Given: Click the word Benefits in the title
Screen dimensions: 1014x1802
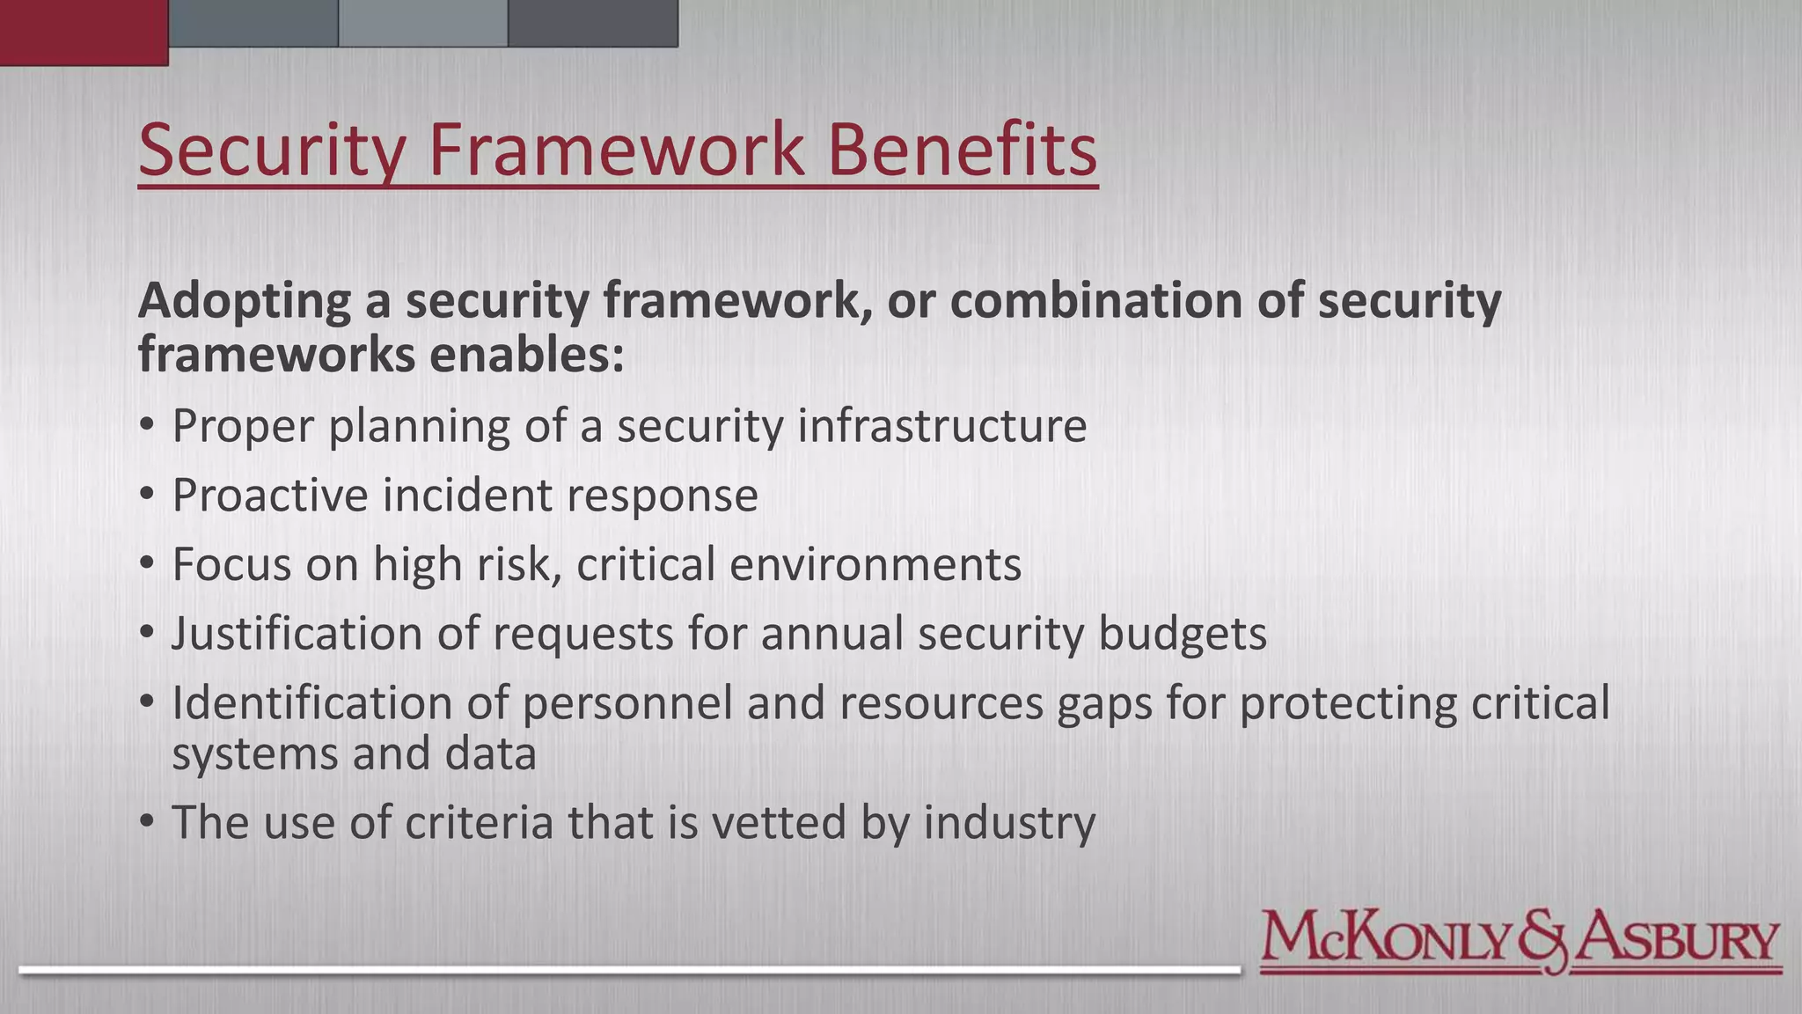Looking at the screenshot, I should pyautogui.click(x=962, y=150).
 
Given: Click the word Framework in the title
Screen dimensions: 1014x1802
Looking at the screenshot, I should pyautogui.click(x=616, y=150).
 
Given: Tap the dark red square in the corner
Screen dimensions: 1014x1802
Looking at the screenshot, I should pyautogui.click(x=84, y=32).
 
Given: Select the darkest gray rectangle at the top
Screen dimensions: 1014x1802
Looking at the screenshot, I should pyautogui.click(x=592, y=23).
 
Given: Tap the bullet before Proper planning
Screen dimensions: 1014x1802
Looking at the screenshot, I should pyautogui.click(x=147, y=426).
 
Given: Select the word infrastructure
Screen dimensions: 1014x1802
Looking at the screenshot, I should pyautogui.click(x=941, y=426).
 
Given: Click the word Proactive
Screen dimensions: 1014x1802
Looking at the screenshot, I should pyautogui.click(x=269, y=495).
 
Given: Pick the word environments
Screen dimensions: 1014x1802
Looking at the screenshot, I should pyautogui.click(x=875, y=564).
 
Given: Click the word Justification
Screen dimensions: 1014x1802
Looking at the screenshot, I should pyautogui.click(x=297, y=634).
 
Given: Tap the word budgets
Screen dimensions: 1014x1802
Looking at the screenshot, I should pyautogui.click(x=1182, y=634).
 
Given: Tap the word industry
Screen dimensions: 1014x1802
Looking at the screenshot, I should pyautogui.click(x=1008, y=824).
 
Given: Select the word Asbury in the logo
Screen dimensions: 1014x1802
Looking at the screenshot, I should pyautogui.click(x=1677, y=940).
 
